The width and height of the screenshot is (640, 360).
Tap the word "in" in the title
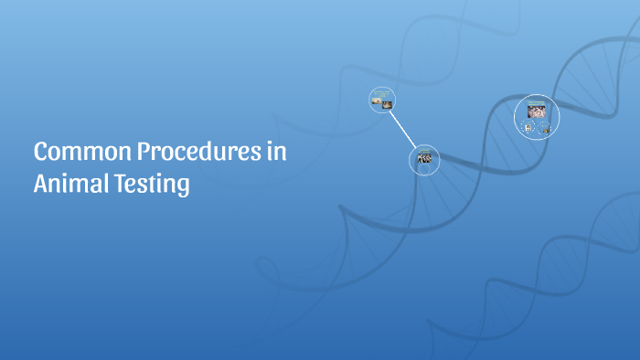(x=277, y=153)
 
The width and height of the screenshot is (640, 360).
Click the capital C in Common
(x=41, y=153)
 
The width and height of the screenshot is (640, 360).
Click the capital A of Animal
(x=41, y=184)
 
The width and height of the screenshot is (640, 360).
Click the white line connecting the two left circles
(x=402, y=129)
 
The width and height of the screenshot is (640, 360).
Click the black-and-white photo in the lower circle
(x=424, y=158)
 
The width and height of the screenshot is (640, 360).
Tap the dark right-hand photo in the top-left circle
(x=386, y=104)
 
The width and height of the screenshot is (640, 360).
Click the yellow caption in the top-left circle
(x=381, y=93)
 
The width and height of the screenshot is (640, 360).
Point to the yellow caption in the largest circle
(x=536, y=102)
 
